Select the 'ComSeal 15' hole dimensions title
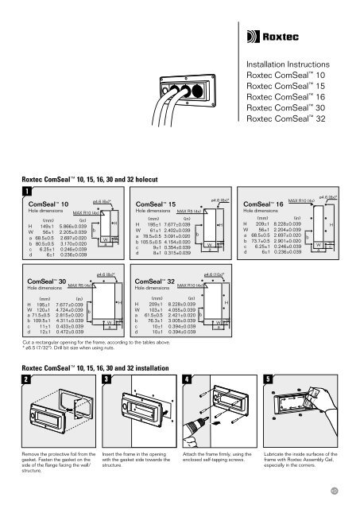point(154,205)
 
